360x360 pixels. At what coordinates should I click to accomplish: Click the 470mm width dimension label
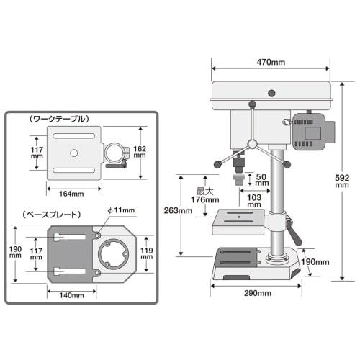click(x=270, y=63)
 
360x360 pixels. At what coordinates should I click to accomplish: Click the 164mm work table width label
click(x=71, y=194)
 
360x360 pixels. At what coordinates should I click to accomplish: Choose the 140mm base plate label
click(x=71, y=295)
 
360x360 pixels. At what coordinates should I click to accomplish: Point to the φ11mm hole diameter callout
click(x=121, y=210)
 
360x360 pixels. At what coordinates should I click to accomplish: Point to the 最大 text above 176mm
click(x=206, y=192)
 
